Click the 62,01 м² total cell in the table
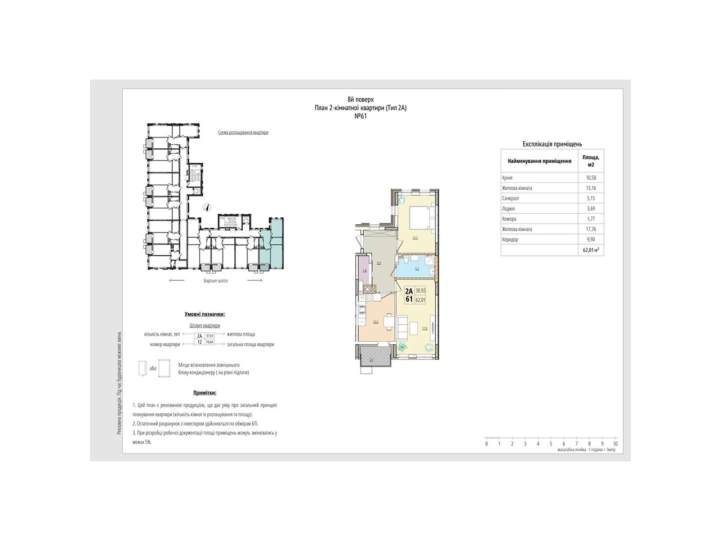click(591, 250)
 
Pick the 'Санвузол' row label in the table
click(511, 198)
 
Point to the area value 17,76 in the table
click(591, 229)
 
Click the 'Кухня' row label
click(507, 178)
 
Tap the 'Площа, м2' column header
click(591, 161)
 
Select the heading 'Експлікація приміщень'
click(552, 144)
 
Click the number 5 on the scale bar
click(551, 444)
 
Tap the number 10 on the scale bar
click(615, 444)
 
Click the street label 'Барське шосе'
click(215, 281)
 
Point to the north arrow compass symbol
click(207, 207)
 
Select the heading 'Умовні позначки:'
click(205, 314)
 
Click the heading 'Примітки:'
click(205, 393)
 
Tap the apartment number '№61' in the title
click(360, 116)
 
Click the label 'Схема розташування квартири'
click(243, 133)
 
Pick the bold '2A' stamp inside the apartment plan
click(409, 291)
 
